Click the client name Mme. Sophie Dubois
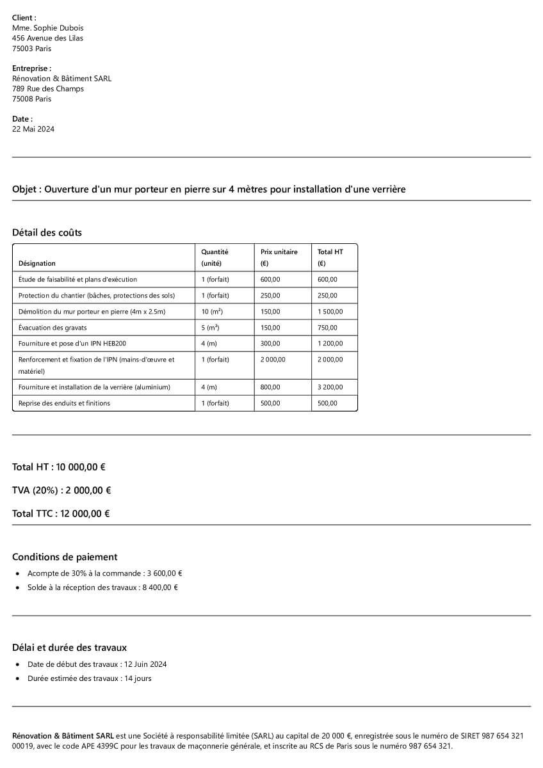(x=47, y=28)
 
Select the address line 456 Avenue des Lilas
(x=47, y=38)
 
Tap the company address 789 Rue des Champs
(x=48, y=89)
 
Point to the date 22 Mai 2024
(x=33, y=129)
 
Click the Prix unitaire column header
(x=279, y=252)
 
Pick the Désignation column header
(x=36, y=264)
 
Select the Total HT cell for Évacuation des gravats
(x=327, y=328)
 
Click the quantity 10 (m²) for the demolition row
(x=211, y=312)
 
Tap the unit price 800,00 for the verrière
(x=270, y=387)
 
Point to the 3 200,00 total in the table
(x=330, y=387)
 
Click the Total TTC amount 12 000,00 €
(x=85, y=514)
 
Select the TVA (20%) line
(x=61, y=490)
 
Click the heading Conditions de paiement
(x=65, y=557)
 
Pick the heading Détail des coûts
(x=47, y=233)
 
